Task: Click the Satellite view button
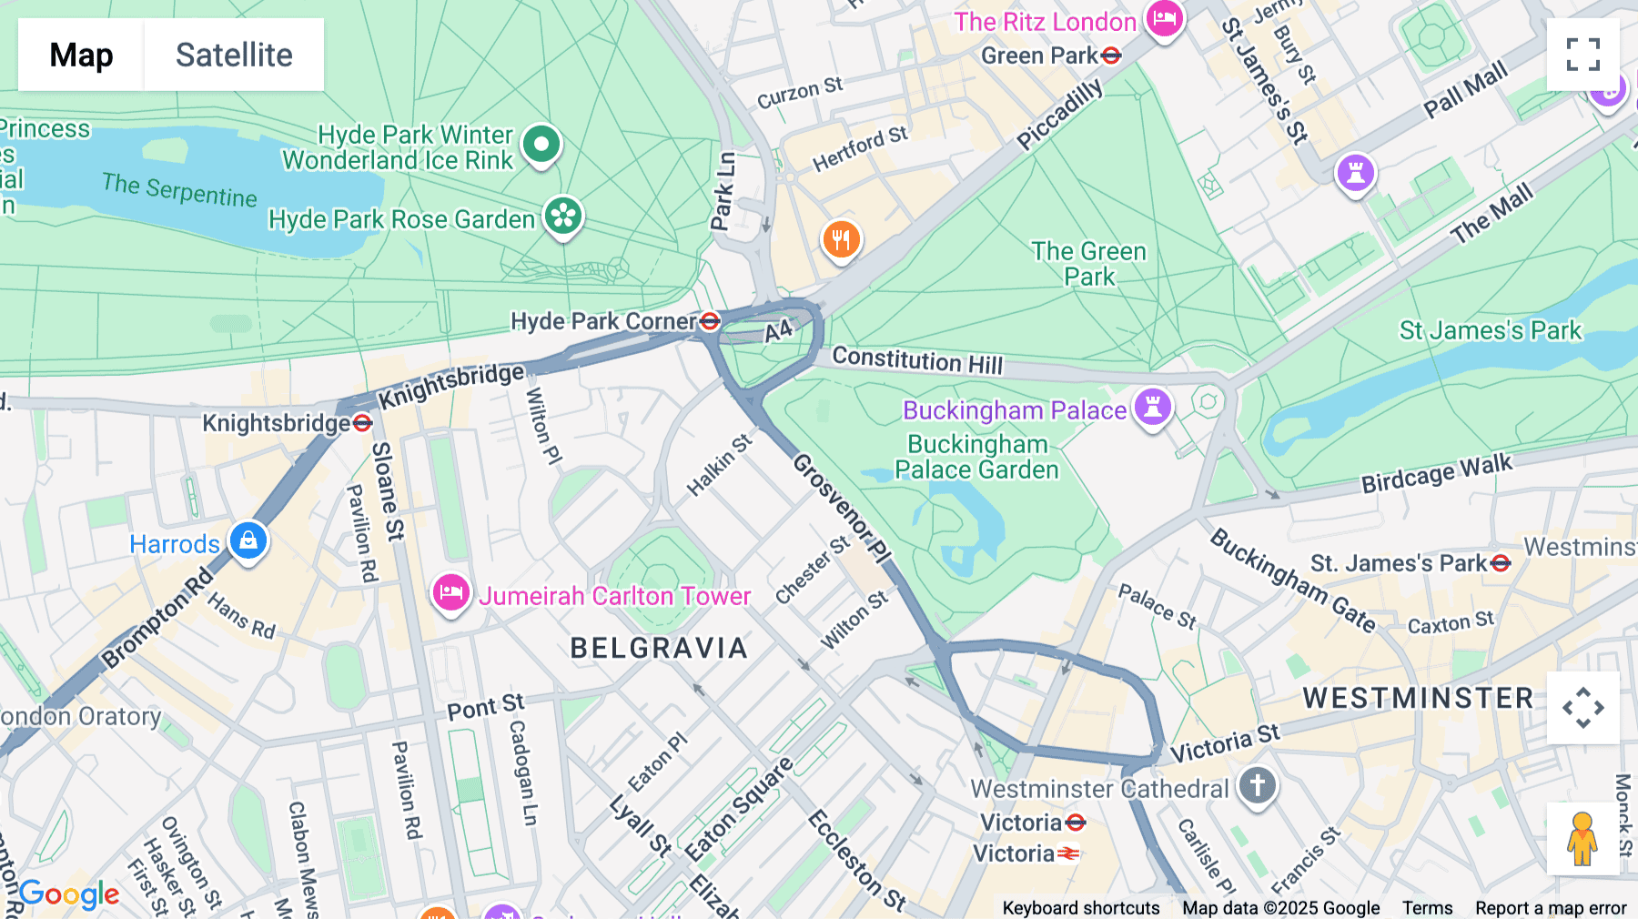pos(234,55)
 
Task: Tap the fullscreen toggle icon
pos(1582,55)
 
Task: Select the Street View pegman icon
pos(1582,838)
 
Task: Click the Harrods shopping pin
pos(248,540)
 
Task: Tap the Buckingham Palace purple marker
pos(1152,407)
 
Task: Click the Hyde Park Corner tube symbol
pos(710,321)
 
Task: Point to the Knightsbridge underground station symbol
pos(362,423)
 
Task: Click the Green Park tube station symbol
pos(1110,56)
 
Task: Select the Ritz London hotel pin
pos(1164,18)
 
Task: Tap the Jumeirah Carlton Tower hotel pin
pos(450,593)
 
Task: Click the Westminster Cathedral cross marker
pos(1257,784)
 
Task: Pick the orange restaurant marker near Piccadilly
pos(841,239)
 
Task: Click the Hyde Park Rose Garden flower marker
pos(563,217)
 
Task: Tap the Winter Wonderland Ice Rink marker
pos(541,144)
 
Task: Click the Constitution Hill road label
pos(917,360)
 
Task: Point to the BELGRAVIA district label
pos(659,648)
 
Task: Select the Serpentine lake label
pos(179,190)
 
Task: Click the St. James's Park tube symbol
pos(1501,564)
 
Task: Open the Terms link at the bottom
pos(1427,908)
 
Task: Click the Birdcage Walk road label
pos(1436,474)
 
